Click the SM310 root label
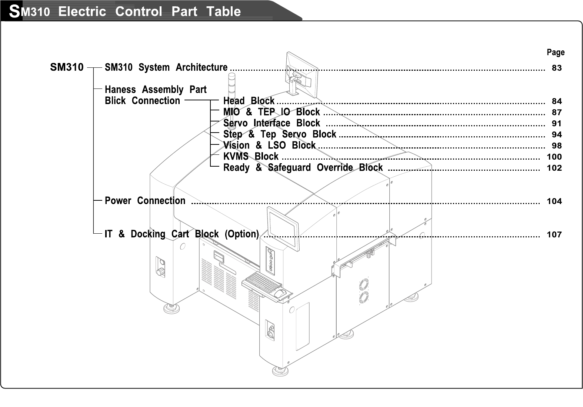[x=67, y=67]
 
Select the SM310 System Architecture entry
[x=166, y=67]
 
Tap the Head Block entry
[x=249, y=101]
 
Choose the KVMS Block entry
[x=250, y=156]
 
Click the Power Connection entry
[x=145, y=201]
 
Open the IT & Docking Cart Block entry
[x=181, y=234]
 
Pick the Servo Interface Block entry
[x=271, y=123]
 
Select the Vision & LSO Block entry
[x=269, y=145]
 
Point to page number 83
[x=556, y=68]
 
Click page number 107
[x=554, y=234]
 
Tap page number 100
[x=554, y=157]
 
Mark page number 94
[x=556, y=134]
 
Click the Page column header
[x=556, y=52]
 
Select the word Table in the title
[x=224, y=11]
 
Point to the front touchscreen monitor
[x=283, y=228]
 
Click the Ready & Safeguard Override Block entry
[x=303, y=167]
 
